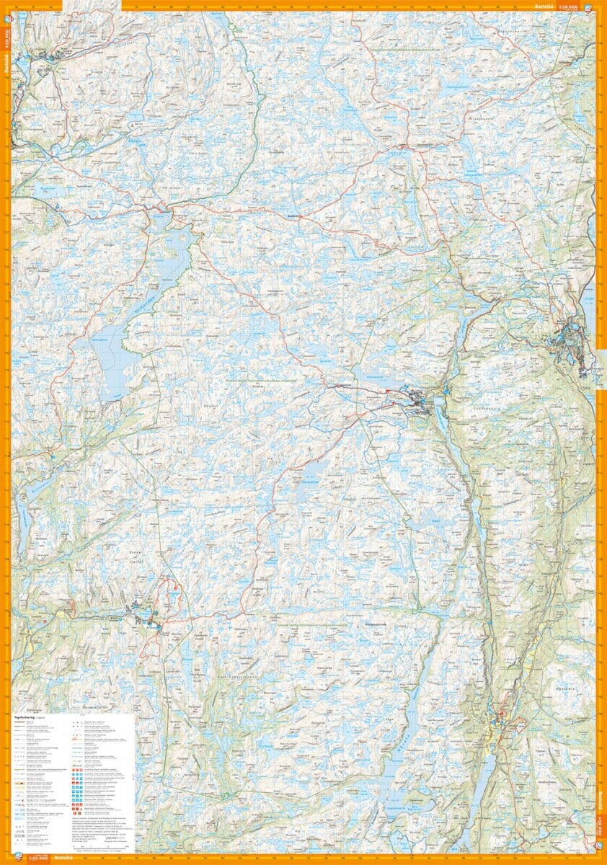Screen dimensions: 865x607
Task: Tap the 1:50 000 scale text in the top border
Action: coord(569,6)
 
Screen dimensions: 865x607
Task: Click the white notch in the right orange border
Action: coord(602,371)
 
